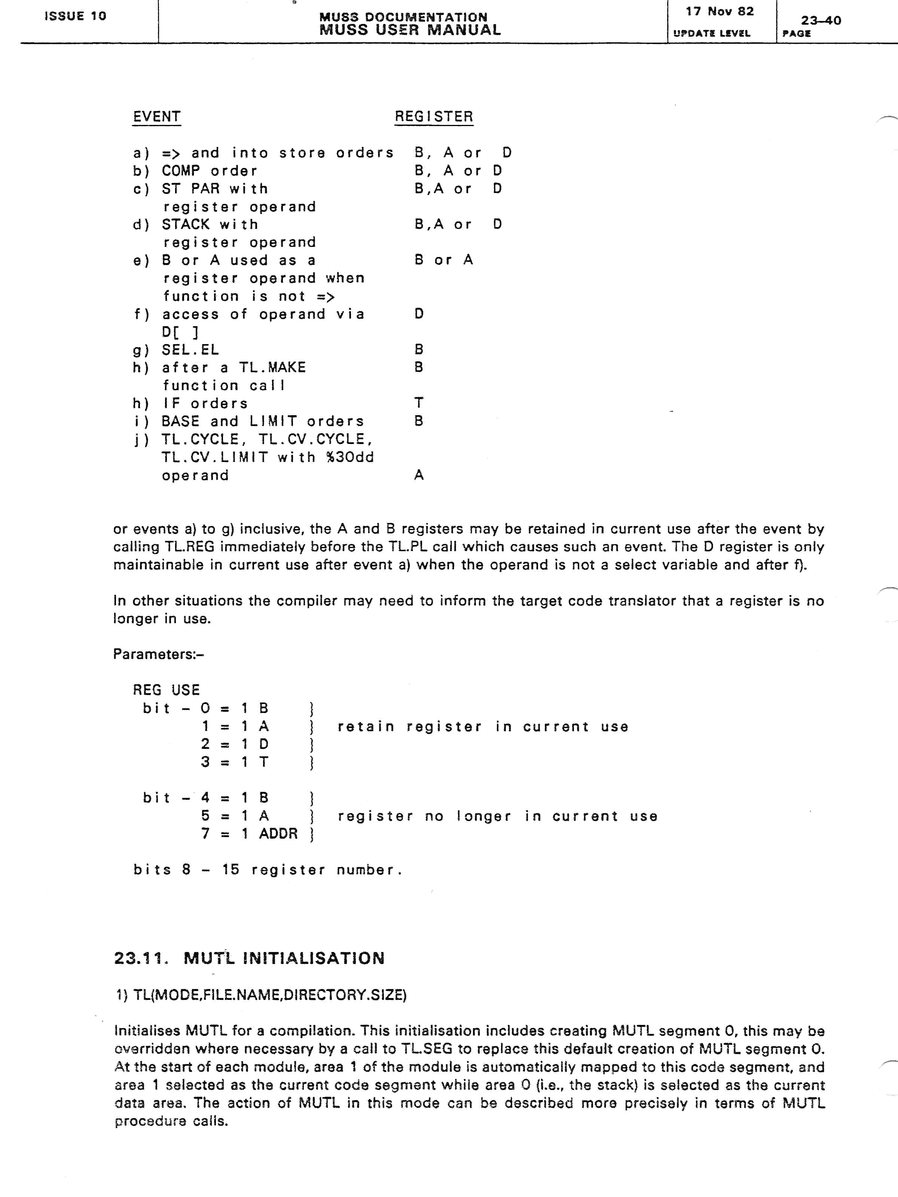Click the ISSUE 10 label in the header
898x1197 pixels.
[x=75, y=16]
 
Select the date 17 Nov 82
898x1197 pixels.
[x=720, y=11]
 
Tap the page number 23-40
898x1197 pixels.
[x=821, y=21]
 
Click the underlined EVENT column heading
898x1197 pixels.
[x=156, y=117]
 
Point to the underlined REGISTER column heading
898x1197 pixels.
[x=434, y=117]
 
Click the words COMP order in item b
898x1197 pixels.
[x=210, y=171]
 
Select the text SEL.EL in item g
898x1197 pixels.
[x=190, y=350]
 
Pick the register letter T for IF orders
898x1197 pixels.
[x=418, y=403]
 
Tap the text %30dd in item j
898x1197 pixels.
[x=350, y=457]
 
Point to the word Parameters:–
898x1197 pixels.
[x=158, y=654]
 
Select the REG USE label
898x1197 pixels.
[x=166, y=690]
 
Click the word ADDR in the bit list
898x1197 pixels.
[x=278, y=833]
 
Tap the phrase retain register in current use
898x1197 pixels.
[x=483, y=727]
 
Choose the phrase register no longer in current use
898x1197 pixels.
[x=497, y=816]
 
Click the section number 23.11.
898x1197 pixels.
[x=140, y=958]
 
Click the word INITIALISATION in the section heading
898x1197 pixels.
[x=314, y=958]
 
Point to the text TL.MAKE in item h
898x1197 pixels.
[x=272, y=367]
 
